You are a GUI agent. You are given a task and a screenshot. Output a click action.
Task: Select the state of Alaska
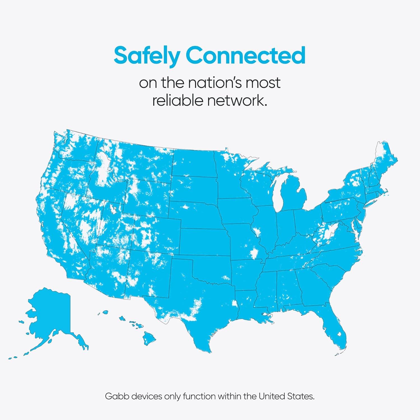click(52, 316)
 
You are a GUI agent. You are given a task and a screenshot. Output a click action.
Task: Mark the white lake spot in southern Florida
click(339, 334)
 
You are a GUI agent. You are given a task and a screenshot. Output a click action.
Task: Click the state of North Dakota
click(193, 162)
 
